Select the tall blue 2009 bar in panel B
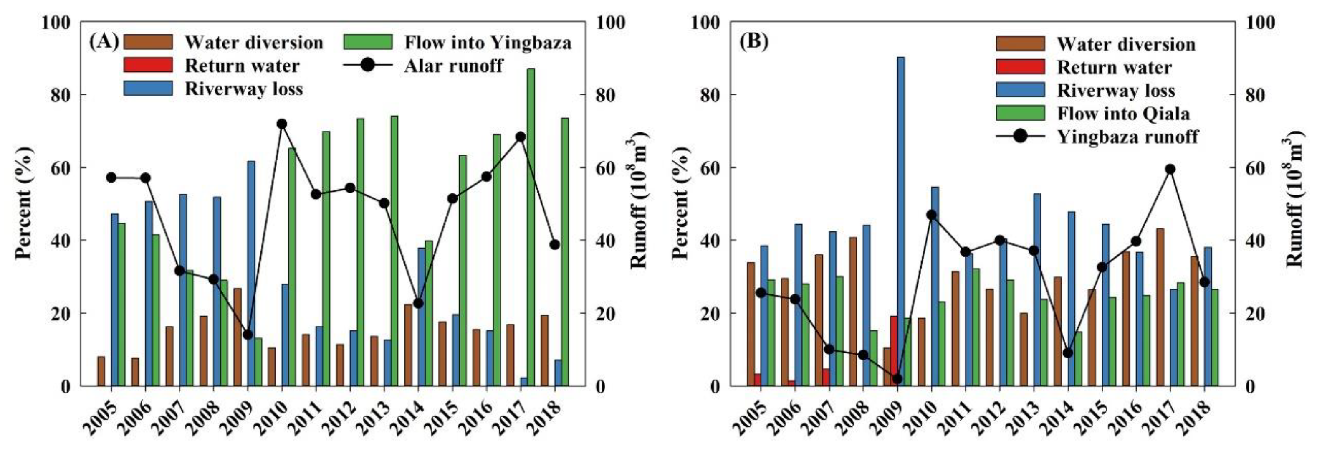pyautogui.click(x=901, y=221)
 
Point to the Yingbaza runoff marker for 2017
pyautogui.click(x=1170, y=170)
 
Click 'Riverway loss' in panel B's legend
pyautogui.click(x=1116, y=90)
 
